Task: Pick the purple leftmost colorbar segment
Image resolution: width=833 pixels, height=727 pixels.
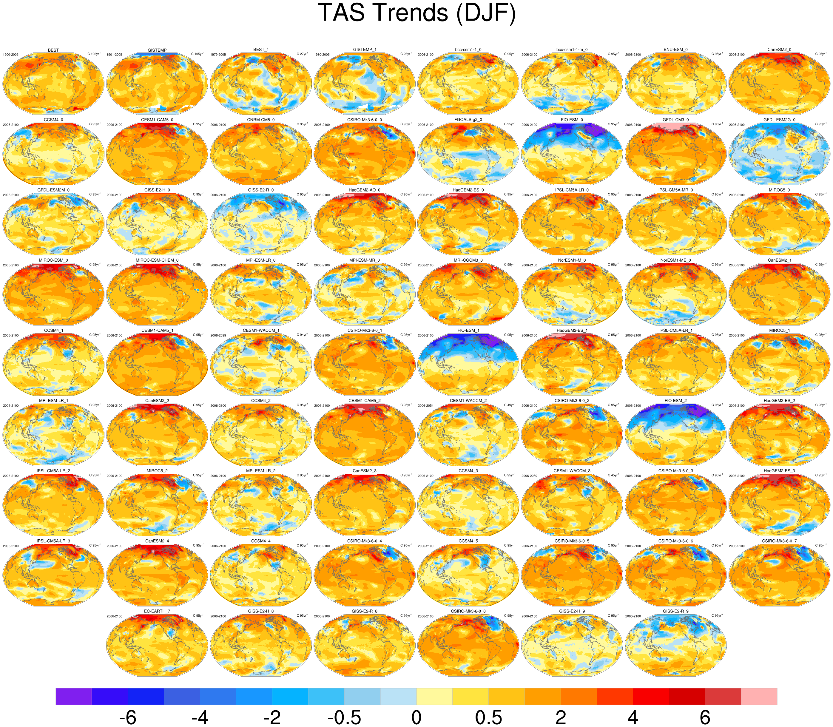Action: [73, 696]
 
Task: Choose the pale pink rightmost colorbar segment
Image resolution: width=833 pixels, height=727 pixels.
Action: [759, 696]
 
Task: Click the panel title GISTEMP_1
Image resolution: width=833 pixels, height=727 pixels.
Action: [364, 50]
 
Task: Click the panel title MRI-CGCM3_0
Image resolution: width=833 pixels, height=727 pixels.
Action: [468, 260]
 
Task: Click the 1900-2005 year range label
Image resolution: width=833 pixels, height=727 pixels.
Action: [10, 54]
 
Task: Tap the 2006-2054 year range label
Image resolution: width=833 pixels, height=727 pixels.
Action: [426, 406]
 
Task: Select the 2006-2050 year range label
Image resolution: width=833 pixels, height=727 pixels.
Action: [530, 476]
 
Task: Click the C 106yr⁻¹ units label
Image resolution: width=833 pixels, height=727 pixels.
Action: [95, 54]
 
